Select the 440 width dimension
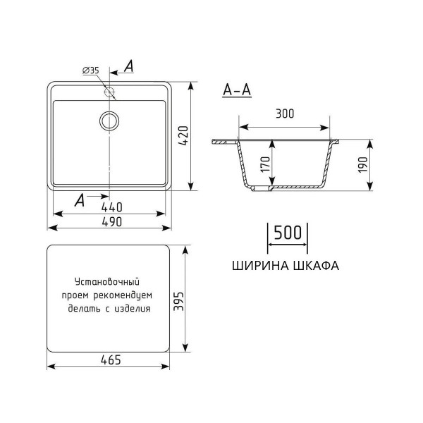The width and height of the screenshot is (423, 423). point(111,207)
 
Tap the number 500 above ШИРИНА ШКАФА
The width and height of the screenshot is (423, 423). point(287,233)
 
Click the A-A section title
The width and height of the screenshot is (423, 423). point(236,90)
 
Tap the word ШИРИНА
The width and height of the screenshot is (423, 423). point(257,266)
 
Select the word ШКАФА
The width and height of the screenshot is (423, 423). point(314,266)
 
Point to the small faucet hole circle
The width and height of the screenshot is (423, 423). point(109,92)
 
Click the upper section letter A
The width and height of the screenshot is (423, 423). point(129,66)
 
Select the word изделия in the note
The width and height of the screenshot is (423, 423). point(134,308)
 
